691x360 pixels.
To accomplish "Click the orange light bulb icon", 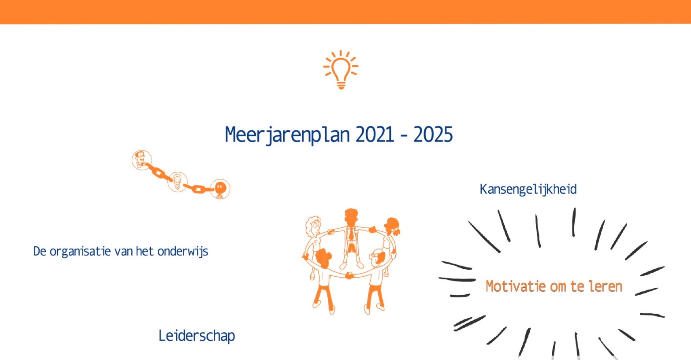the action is pos(341,70).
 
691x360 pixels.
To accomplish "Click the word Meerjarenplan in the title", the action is pos(287,135).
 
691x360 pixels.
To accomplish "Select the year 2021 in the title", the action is pos(375,134).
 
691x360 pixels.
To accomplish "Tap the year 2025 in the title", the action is pos(433,134).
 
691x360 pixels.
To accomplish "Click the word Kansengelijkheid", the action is pos(528,189).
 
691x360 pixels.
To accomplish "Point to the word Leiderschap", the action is pos(197,336).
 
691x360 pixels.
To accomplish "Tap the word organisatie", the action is pos(80,252).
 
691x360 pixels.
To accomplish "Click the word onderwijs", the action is pos(183,252).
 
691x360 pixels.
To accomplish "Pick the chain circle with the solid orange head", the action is pos(220,189).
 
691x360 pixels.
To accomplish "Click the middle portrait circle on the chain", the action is pos(177,182).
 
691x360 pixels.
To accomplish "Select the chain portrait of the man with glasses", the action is pos(141,160).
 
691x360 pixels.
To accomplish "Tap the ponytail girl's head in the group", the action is pos(392,226).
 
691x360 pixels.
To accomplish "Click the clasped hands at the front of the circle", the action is pos(349,275).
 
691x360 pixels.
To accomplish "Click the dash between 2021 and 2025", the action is pos(404,136).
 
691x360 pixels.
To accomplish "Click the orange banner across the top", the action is pos(345,12).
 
